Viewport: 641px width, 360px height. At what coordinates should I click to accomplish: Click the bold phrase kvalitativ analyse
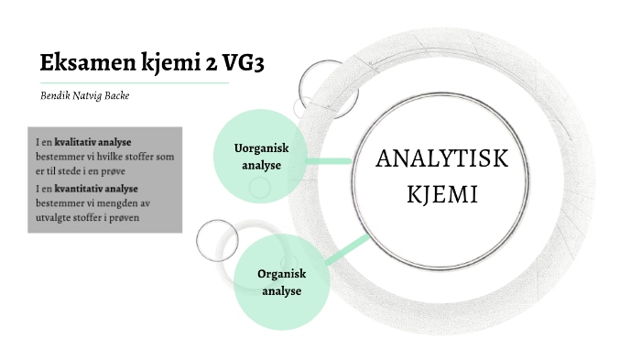93,143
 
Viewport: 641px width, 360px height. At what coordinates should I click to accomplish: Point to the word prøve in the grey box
111,171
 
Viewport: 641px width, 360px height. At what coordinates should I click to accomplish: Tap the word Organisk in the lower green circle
281,275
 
